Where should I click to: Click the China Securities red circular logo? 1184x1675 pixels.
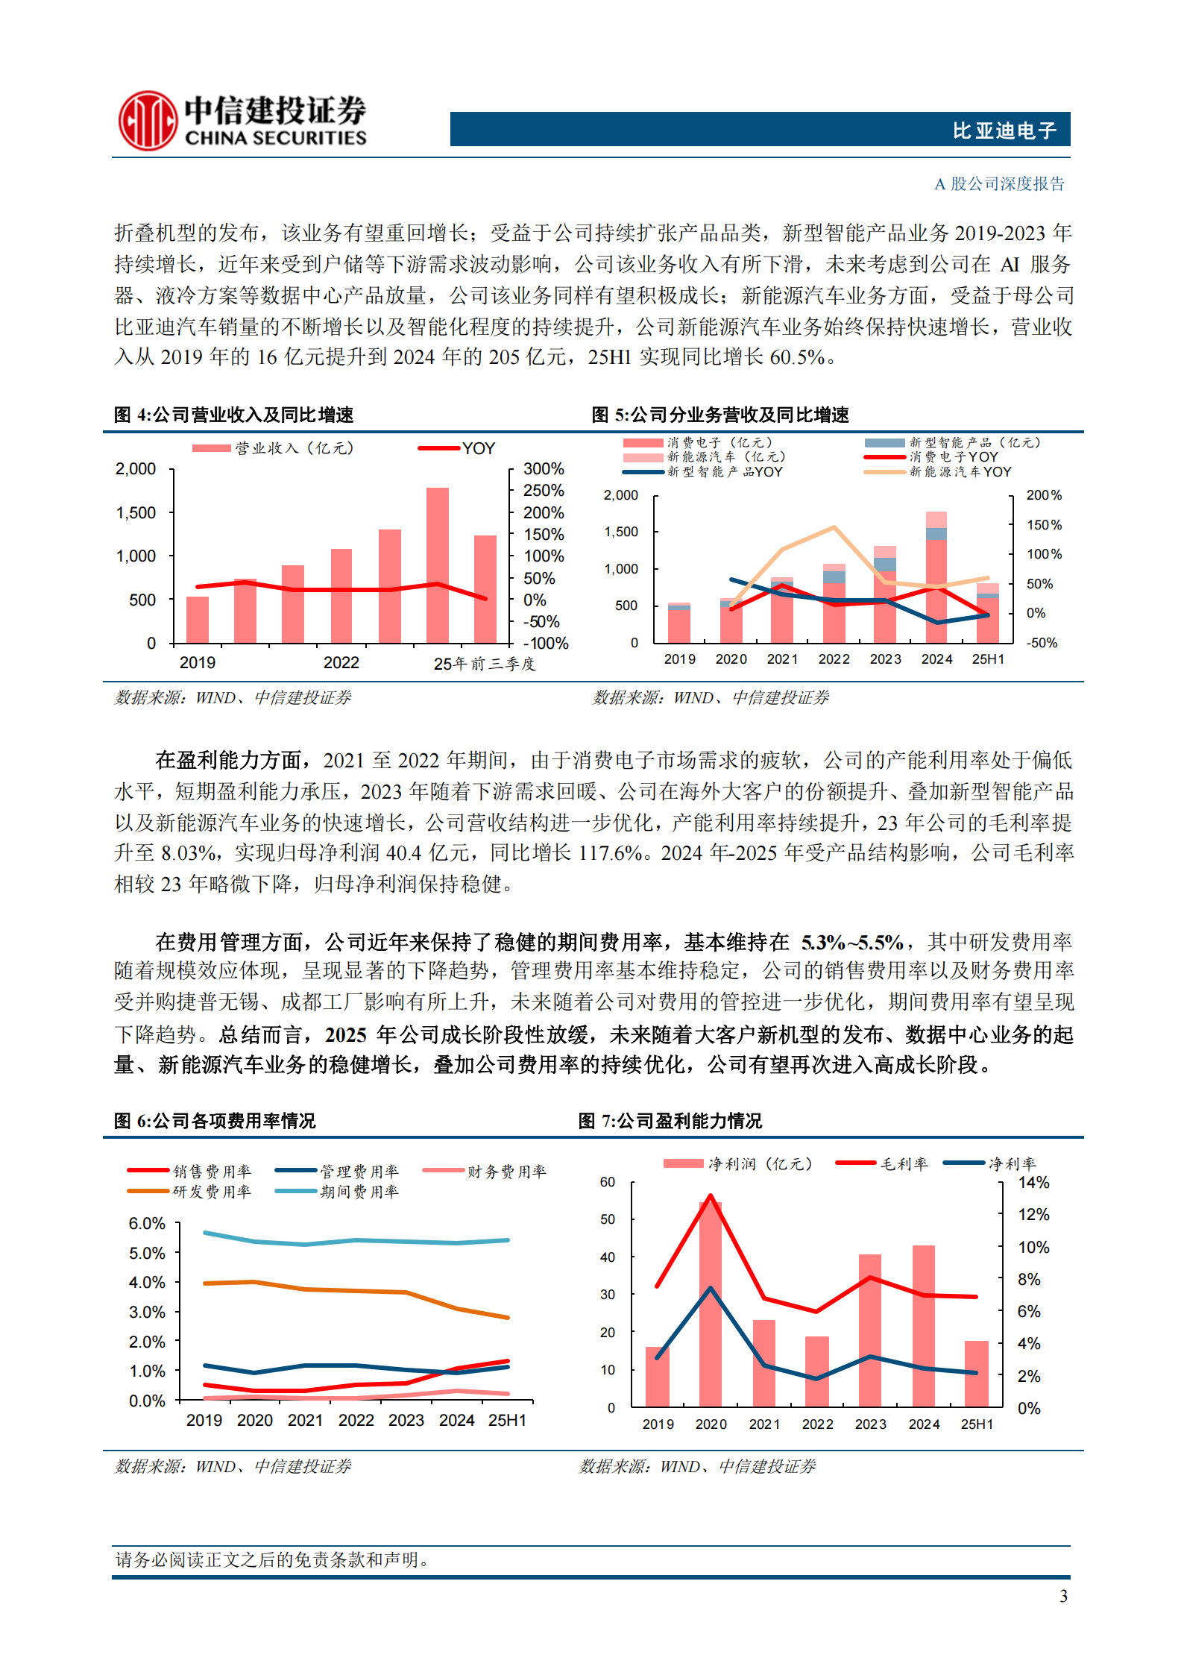148,121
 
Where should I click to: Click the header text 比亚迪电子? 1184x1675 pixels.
1004,131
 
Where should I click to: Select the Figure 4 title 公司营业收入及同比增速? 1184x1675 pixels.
253,415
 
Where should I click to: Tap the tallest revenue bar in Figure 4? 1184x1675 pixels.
437,565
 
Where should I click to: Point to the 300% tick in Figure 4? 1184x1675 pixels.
544,469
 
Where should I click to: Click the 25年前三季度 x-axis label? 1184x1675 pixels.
485,663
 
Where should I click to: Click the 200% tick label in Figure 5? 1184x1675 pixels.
1043,495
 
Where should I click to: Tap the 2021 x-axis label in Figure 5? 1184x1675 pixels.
782,659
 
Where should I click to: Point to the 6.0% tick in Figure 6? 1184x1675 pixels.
147,1224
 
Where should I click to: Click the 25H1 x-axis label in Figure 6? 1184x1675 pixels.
507,1420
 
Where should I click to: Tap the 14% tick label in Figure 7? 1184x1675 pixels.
1033,1183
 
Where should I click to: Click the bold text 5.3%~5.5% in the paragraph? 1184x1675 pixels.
851,943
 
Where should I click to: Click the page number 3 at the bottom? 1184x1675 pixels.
1063,1596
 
